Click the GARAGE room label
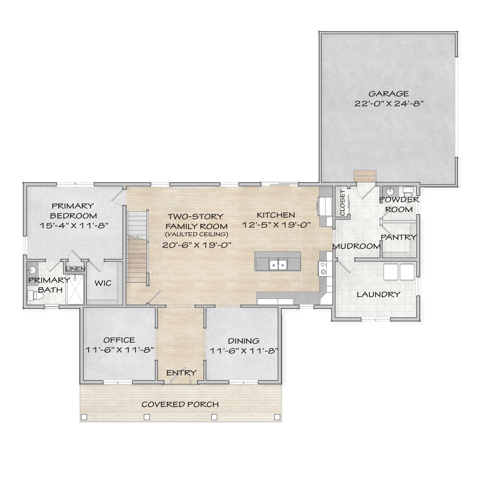[389, 94]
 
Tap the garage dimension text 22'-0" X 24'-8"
[389, 104]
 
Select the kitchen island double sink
[278, 265]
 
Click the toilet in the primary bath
[35, 296]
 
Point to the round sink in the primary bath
[32, 270]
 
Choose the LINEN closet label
[75, 269]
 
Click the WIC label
[103, 283]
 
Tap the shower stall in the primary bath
[75, 289]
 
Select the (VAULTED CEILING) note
[196, 234]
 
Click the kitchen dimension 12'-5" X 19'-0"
[276, 225]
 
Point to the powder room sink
[390, 191]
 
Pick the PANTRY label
[399, 237]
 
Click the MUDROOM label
[356, 246]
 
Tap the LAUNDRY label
[379, 295]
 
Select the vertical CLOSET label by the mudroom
[343, 203]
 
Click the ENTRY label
[181, 373]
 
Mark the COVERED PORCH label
[180, 405]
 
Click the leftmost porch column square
[84, 417]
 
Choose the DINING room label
[244, 341]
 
